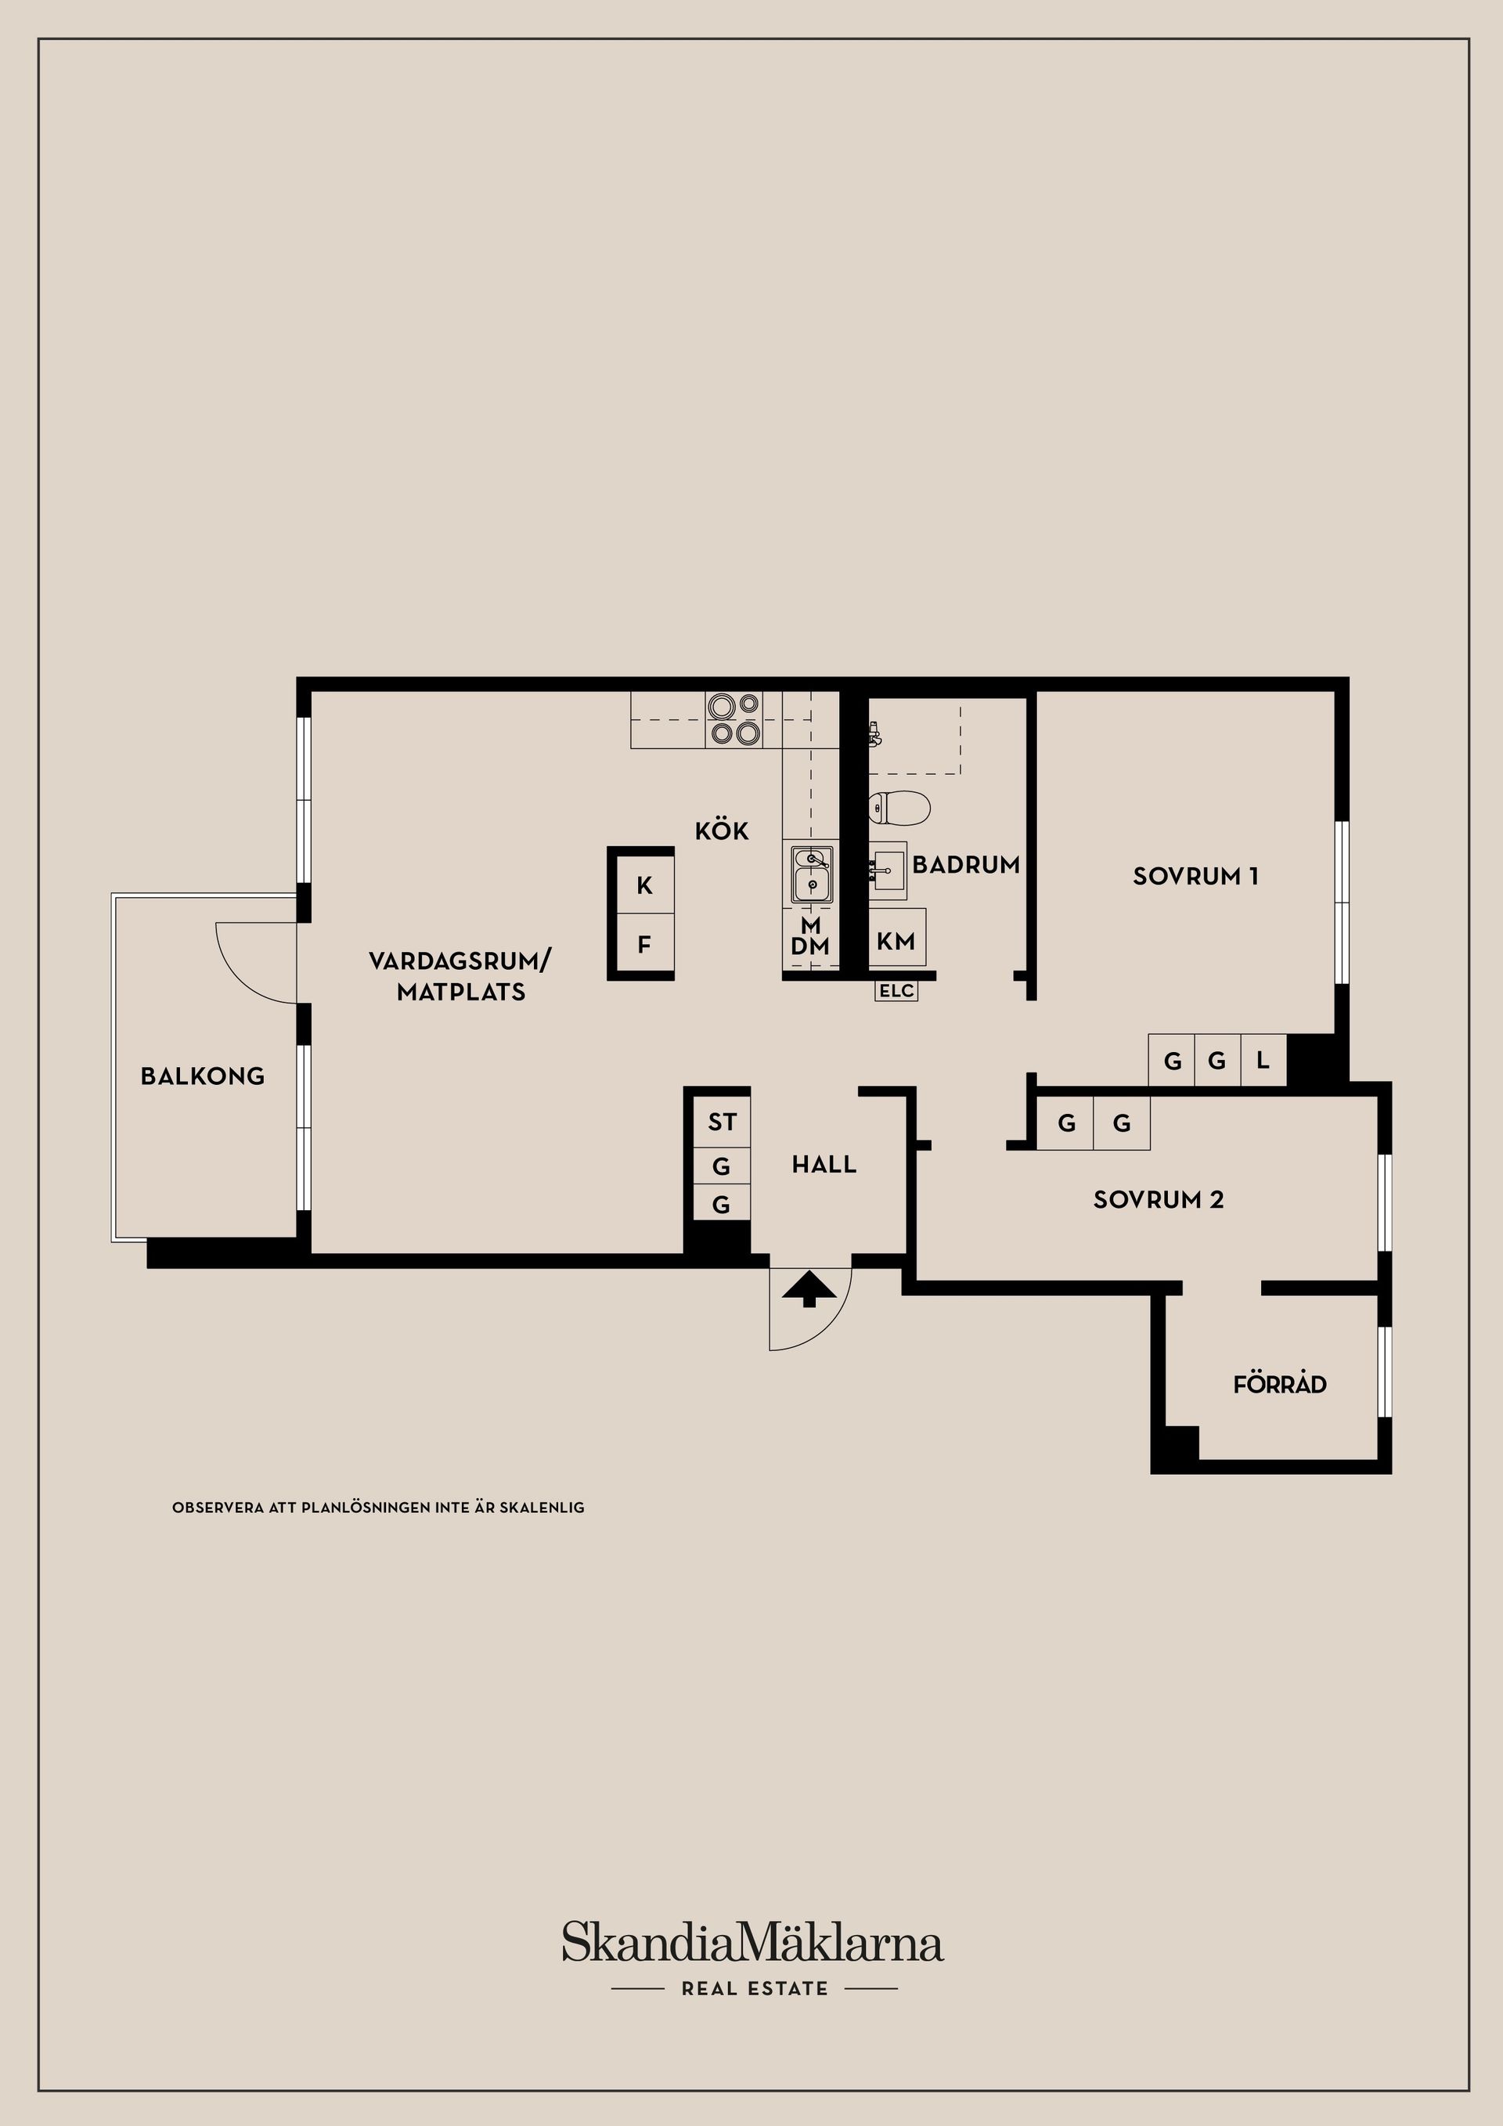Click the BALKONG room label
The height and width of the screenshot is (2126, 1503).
point(203,1076)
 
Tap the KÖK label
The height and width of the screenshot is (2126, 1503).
point(723,831)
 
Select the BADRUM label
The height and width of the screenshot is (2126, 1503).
point(966,865)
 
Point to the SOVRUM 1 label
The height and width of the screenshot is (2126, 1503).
point(1195,876)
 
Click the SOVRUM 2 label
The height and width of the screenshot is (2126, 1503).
point(1159,1200)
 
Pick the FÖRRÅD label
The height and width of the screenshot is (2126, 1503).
point(1280,1383)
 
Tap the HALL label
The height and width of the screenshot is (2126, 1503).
point(824,1165)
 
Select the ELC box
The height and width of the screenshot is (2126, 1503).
point(896,991)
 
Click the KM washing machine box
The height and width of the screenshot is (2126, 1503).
point(896,941)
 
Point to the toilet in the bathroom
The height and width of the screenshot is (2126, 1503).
point(899,809)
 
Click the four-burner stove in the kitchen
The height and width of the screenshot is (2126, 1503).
point(734,719)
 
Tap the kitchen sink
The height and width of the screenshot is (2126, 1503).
point(811,874)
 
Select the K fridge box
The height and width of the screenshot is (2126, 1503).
point(644,885)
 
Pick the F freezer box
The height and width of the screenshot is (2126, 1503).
point(644,945)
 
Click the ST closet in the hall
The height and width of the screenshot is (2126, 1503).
point(723,1122)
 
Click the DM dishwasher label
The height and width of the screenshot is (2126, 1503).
point(810,946)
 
